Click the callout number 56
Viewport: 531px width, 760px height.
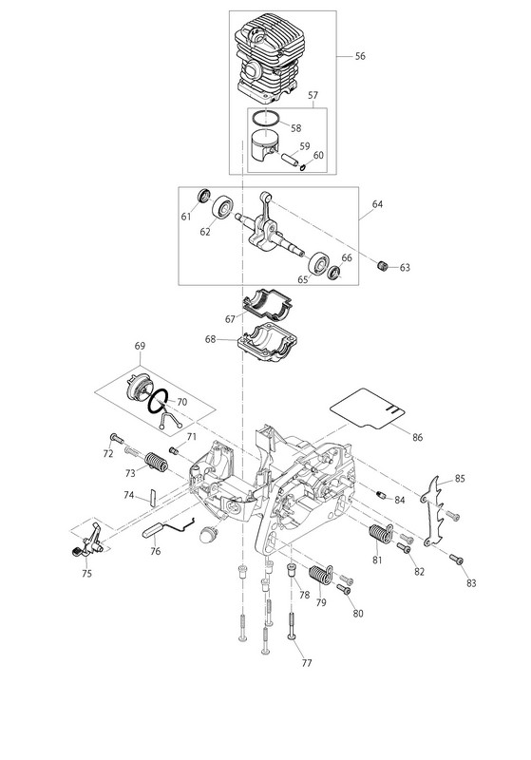[359, 56]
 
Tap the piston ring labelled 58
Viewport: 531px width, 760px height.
[266, 113]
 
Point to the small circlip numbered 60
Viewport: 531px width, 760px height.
[303, 168]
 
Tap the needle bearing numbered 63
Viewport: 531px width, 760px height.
[383, 266]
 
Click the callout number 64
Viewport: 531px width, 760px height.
[377, 204]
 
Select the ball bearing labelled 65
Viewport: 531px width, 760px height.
[318, 263]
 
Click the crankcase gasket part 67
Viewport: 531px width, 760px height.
[268, 304]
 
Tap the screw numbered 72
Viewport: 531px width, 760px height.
[117, 439]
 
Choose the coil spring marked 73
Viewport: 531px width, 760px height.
[157, 463]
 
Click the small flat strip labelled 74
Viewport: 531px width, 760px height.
[152, 497]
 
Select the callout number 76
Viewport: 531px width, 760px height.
[156, 551]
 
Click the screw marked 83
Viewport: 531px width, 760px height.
[456, 559]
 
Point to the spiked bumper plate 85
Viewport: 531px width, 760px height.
[432, 511]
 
